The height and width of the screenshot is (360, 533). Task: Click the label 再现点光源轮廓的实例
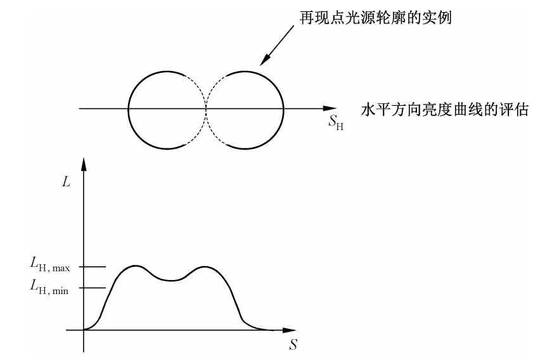click(x=375, y=18)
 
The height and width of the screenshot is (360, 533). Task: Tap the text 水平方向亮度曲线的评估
click(x=445, y=110)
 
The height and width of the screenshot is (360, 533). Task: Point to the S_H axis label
click(x=336, y=122)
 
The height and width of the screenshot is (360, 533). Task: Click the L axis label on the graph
click(x=66, y=182)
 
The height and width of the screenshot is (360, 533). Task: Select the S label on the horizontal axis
click(x=293, y=345)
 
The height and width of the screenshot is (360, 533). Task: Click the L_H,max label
click(x=50, y=264)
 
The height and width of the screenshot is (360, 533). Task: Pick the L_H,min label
click(x=49, y=287)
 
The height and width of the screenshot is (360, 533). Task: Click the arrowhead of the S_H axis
click(x=330, y=108)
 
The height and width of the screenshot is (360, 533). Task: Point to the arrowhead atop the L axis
click(x=84, y=164)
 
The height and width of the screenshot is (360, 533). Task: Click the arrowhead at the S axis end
click(x=289, y=330)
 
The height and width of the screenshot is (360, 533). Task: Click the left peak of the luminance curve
click(x=135, y=265)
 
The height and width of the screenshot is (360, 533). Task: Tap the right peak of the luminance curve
click(x=205, y=267)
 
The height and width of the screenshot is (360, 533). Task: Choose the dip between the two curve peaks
click(x=171, y=280)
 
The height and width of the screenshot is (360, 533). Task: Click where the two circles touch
click(x=206, y=108)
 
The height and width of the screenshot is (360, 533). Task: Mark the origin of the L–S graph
click(x=84, y=330)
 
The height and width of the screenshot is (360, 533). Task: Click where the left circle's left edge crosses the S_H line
click(x=128, y=108)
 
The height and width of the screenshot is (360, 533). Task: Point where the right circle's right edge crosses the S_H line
click(x=283, y=108)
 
